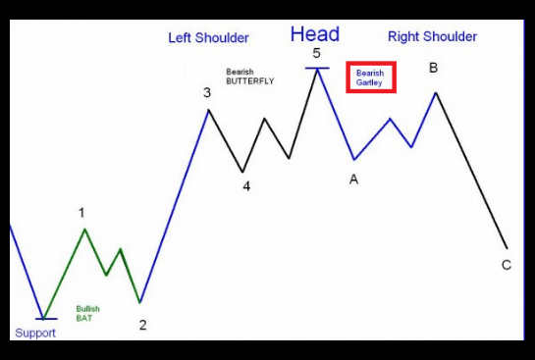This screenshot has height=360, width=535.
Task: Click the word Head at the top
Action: click(x=315, y=34)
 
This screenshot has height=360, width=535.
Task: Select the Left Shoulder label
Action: click(x=208, y=38)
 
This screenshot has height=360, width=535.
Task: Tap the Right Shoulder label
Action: click(x=432, y=37)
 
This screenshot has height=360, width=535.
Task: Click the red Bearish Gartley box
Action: click(x=371, y=77)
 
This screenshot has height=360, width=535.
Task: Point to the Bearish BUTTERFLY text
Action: click(x=250, y=77)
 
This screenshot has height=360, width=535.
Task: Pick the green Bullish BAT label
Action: click(x=87, y=313)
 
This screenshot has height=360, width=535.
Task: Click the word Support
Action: click(x=35, y=334)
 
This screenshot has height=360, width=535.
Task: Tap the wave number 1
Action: click(x=81, y=213)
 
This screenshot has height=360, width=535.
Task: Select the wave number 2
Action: click(x=143, y=326)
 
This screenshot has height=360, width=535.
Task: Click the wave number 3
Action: click(x=207, y=93)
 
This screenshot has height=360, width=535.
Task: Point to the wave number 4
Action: click(x=246, y=186)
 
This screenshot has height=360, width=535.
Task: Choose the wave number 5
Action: click(x=317, y=54)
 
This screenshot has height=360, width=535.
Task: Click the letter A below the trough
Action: click(x=353, y=180)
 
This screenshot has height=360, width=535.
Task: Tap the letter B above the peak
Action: click(x=433, y=68)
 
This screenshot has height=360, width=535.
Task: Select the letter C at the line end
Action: click(x=507, y=265)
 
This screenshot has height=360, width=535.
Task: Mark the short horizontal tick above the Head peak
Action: click(x=317, y=69)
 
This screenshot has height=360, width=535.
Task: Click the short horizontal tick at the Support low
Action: click(x=46, y=319)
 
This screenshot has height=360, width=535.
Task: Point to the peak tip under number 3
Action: click(x=208, y=110)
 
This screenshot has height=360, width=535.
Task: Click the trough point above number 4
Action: click(x=242, y=172)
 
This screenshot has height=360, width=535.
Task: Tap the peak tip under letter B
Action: click(x=436, y=92)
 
